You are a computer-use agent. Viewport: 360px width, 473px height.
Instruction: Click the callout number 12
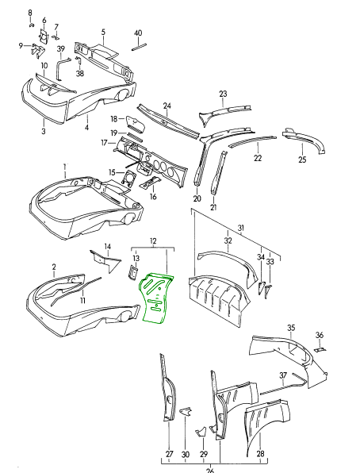coord(153,240)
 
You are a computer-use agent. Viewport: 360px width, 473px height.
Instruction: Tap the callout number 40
coord(138,33)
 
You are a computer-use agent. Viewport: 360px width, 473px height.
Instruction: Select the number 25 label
coord(302,160)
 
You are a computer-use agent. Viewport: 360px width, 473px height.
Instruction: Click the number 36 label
coord(320,334)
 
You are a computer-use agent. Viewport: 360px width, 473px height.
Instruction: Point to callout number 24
coord(167,106)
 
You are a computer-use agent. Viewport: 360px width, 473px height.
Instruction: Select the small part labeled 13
coord(134,273)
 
